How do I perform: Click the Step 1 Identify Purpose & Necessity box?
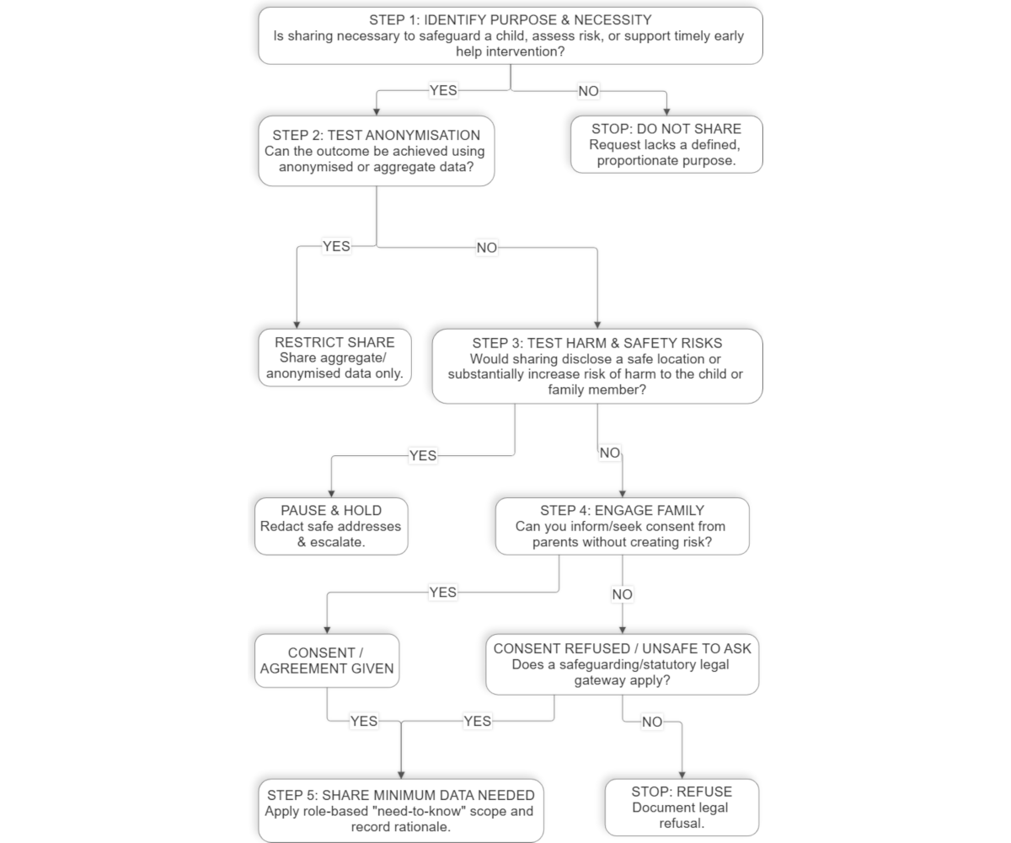pos(511,36)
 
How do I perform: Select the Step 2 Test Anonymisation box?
pos(377,151)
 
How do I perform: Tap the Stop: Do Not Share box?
pos(666,144)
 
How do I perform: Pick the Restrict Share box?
pos(334,357)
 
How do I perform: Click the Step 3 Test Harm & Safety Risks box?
pos(597,366)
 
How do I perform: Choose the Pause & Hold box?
pos(331,526)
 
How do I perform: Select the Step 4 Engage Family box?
pos(623,526)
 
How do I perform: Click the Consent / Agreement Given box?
pos(327,660)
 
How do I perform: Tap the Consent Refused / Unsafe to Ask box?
pos(623,664)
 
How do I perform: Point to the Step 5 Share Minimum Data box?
pos(401,810)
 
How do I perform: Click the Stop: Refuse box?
pos(682,807)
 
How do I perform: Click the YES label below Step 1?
pos(443,90)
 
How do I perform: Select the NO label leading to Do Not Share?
pos(588,91)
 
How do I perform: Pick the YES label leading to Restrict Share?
pos(336,247)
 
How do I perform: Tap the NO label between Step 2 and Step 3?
pos(487,248)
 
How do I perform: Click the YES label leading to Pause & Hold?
pos(423,456)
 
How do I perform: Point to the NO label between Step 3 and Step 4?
pos(610,453)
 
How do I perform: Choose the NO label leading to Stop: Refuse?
pos(652,722)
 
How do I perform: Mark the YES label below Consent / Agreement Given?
pos(364,722)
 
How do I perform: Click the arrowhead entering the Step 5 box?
pos(401,776)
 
